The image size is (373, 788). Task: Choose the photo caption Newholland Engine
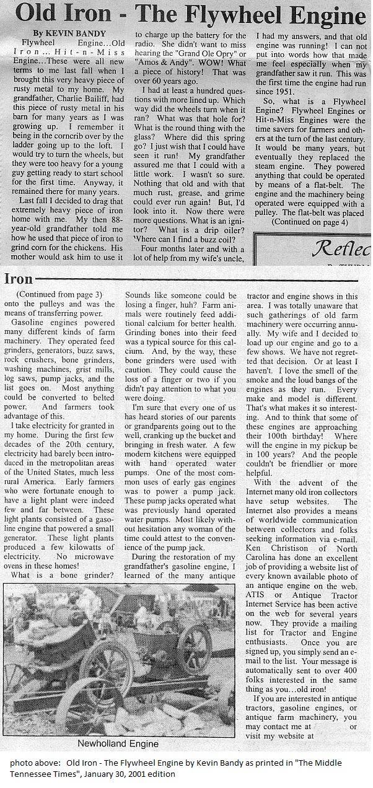pos(118,743)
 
